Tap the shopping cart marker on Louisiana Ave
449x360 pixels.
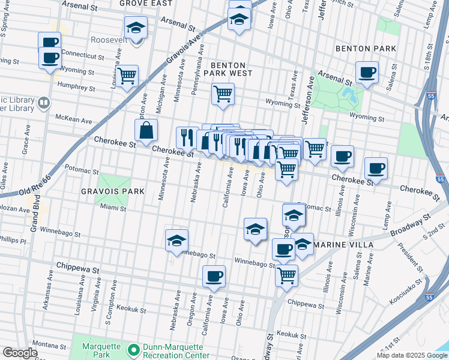[x=127, y=76]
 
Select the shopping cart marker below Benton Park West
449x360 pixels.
[x=223, y=94]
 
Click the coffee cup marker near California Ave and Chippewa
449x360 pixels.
[x=214, y=277]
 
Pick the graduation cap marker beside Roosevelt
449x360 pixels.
[x=136, y=28]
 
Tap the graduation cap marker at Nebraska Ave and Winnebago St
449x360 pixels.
[x=176, y=241]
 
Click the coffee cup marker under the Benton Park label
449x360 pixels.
[x=367, y=73]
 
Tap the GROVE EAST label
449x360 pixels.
[x=146, y=3]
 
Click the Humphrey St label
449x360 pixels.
[x=76, y=85]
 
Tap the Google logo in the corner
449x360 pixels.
[x=20, y=353]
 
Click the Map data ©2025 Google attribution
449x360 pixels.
[x=411, y=355]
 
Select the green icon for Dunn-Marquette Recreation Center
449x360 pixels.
[x=133, y=347]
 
